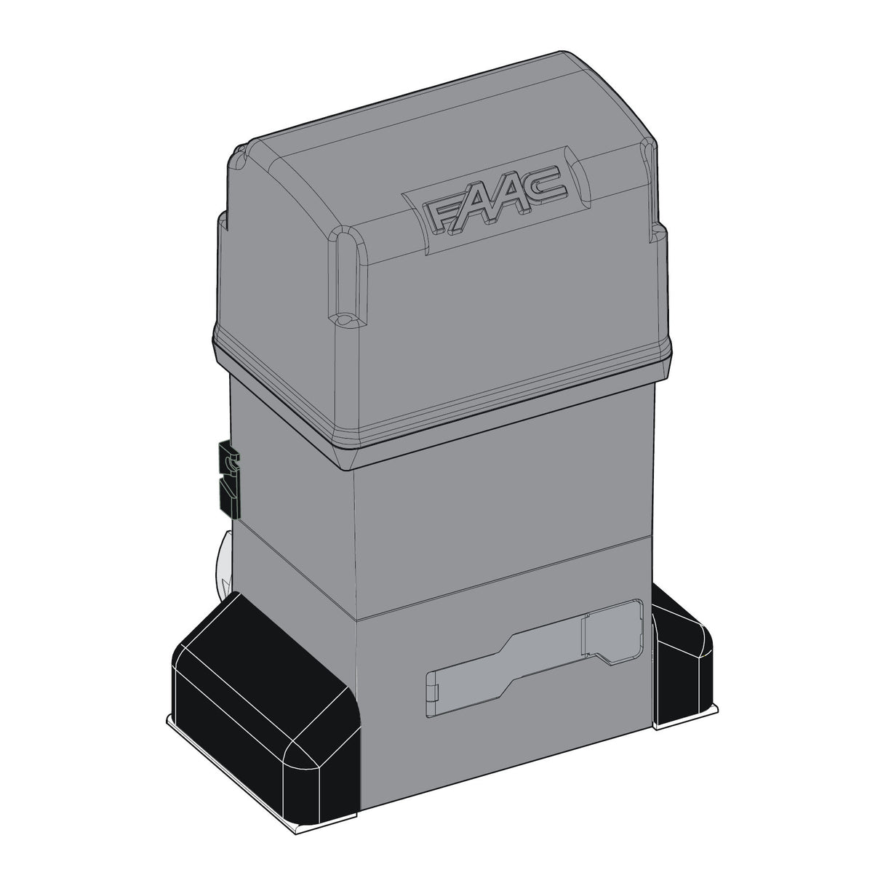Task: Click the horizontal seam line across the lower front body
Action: (x=502, y=575)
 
